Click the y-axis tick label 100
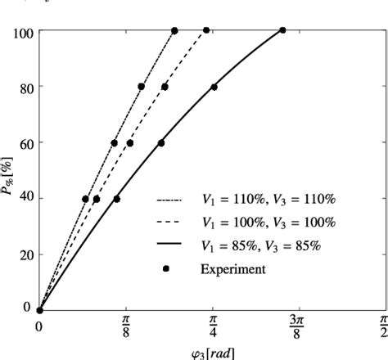[x=22, y=33]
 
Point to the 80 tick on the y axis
[x=25, y=87]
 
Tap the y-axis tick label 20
[x=25, y=255]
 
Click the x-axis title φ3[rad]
[x=212, y=353]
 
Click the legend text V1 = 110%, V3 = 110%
[x=268, y=199]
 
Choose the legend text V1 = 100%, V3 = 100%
[x=268, y=222]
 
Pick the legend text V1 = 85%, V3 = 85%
[x=263, y=245]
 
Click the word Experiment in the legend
[x=232, y=268]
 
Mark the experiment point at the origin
[x=39, y=310]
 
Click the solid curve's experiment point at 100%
[x=282, y=31]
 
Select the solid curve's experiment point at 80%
[x=214, y=87]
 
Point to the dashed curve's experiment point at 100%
[x=206, y=31]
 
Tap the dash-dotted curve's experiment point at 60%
[x=115, y=143]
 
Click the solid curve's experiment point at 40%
[x=116, y=199]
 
